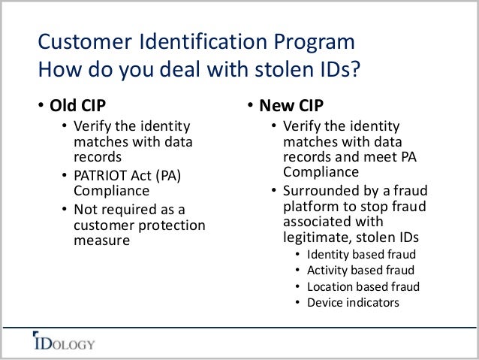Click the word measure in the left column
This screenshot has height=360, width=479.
[x=101, y=241]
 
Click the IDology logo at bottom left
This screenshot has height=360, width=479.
[x=63, y=344]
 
